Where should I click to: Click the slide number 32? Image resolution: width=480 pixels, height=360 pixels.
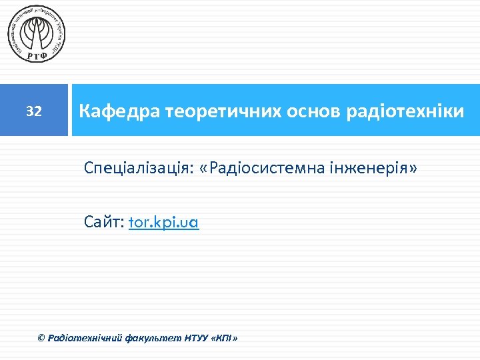[34, 111]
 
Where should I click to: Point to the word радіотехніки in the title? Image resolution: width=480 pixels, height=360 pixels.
[405, 111]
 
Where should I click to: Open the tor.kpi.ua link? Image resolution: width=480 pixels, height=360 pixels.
[163, 222]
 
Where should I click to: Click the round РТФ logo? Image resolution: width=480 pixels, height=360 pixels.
[37, 33]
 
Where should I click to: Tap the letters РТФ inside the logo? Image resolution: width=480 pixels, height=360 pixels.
[37, 55]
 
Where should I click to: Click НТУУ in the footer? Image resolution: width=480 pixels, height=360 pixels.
[194, 339]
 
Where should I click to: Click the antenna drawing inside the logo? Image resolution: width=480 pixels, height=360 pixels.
[37, 31]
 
